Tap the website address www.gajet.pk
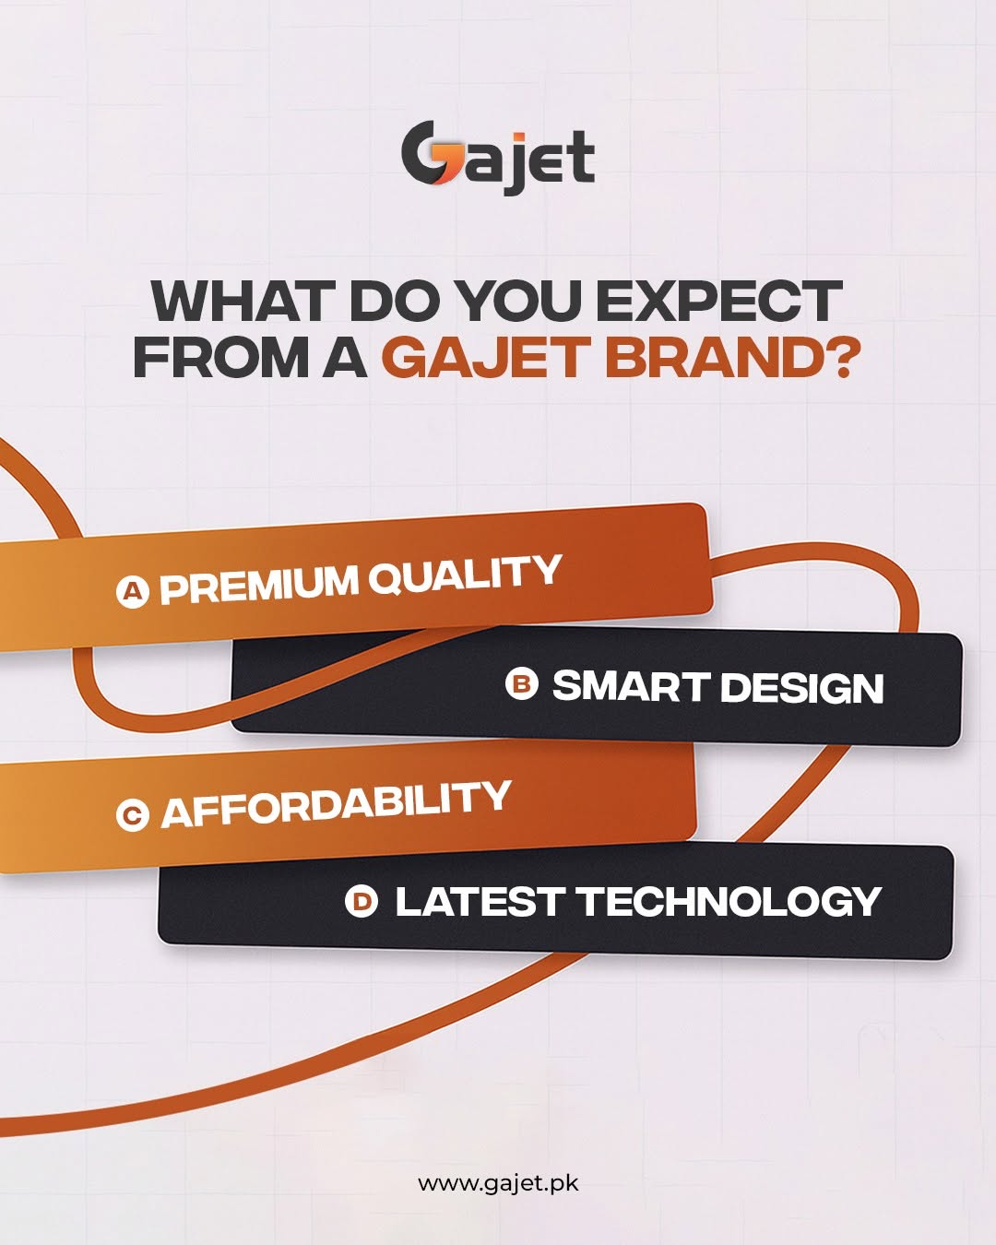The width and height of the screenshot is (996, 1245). click(x=498, y=1183)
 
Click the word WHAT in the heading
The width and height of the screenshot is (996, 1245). click(x=243, y=301)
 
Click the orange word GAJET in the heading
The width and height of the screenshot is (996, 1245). click(x=485, y=357)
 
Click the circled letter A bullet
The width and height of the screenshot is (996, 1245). click(x=133, y=591)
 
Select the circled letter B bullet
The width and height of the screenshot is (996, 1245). click(x=521, y=684)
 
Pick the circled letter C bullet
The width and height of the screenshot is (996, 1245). click(x=132, y=815)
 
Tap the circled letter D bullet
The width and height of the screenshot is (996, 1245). click(x=361, y=901)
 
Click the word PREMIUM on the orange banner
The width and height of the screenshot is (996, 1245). click(x=258, y=585)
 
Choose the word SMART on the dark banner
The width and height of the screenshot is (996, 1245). click(x=629, y=686)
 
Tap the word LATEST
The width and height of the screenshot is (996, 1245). click(x=479, y=902)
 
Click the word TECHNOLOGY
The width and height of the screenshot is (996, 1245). click(x=729, y=902)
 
